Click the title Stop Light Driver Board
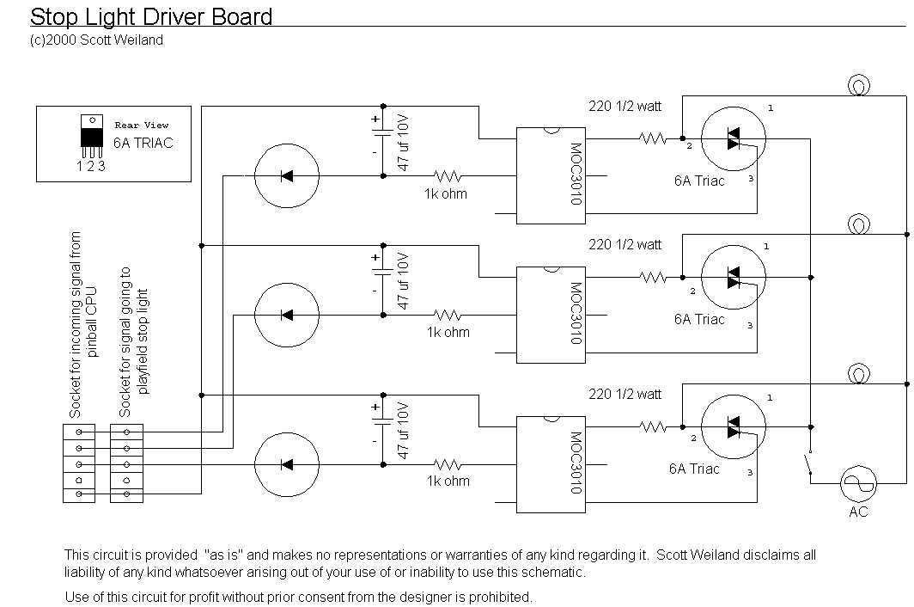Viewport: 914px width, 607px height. pyautogui.click(x=151, y=17)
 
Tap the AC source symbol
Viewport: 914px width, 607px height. pyautogui.click(x=859, y=483)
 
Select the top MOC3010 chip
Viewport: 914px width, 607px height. pyautogui.click(x=551, y=175)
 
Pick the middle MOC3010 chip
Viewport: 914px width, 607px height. pyautogui.click(x=551, y=315)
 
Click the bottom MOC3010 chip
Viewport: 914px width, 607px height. pyautogui.click(x=551, y=464)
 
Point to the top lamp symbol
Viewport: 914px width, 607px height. pyautogui.click(x=859, y=86)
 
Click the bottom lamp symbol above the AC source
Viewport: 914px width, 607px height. pyautogui.click(x=859, y=373)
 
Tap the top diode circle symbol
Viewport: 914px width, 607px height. pyautogui.click(x=287, y=175)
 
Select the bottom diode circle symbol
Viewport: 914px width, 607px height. pyautogui.click(x=287, y=464)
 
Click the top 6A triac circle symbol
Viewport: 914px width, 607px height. pyautogui.click(x=734, y=139)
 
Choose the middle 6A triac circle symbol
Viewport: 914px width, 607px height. pyautogui.click(x=734, y=277)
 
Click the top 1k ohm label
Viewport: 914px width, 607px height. pyautogui.click(x=446, y=193)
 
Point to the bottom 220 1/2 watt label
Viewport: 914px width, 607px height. pyautogui.click(x=625, y=395)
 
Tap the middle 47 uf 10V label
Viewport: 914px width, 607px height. pyautogui.click(x=403, y=281)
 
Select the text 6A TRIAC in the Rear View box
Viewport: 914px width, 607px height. pyautogui.click(x=143, y=143)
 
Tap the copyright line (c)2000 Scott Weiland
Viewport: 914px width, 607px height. pyautogui.click(x=96, y=40)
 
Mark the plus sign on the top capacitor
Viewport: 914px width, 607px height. pyautogui.click(x=375, y=120)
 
